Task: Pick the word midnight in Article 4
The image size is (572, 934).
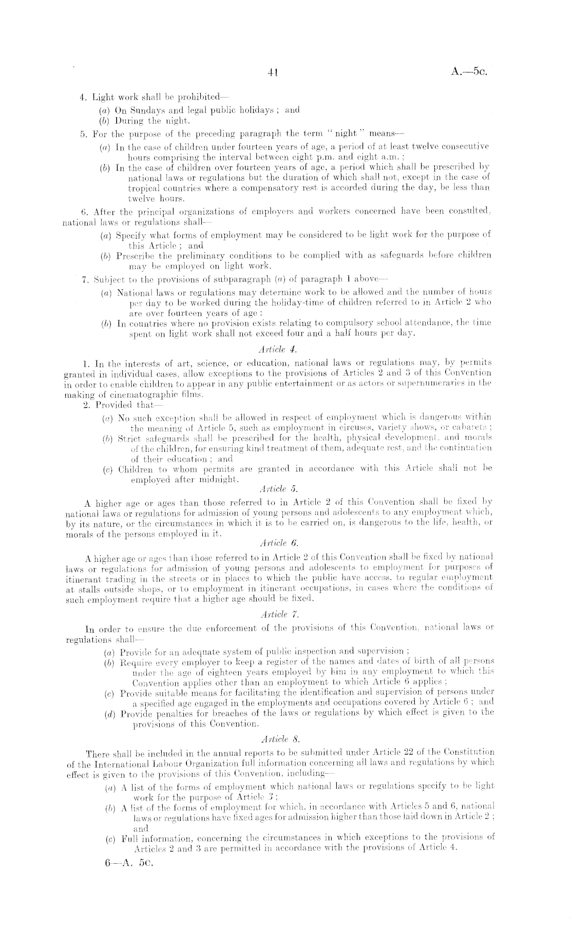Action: [222, 480]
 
